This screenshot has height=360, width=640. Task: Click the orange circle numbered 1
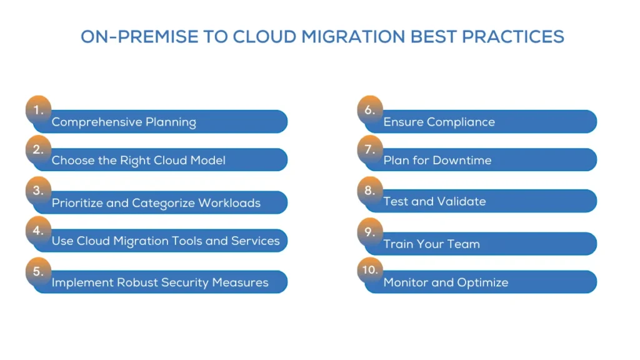point(38,109)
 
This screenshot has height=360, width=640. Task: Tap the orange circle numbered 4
point(38,230)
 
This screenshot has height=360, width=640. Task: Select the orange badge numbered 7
point(370,149)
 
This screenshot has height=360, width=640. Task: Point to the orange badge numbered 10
point(370,270)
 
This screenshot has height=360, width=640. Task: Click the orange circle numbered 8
point(370,190)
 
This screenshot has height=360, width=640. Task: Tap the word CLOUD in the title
point(264,37)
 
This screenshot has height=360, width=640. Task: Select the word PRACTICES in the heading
point(513,37)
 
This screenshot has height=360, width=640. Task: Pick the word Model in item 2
point(207,160)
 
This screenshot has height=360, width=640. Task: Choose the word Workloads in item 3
point(229,203)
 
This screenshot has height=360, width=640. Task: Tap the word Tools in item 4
point(186,241)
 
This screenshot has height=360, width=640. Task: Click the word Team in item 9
point(464,244)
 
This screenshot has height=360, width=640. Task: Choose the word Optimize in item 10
point(482,282)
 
